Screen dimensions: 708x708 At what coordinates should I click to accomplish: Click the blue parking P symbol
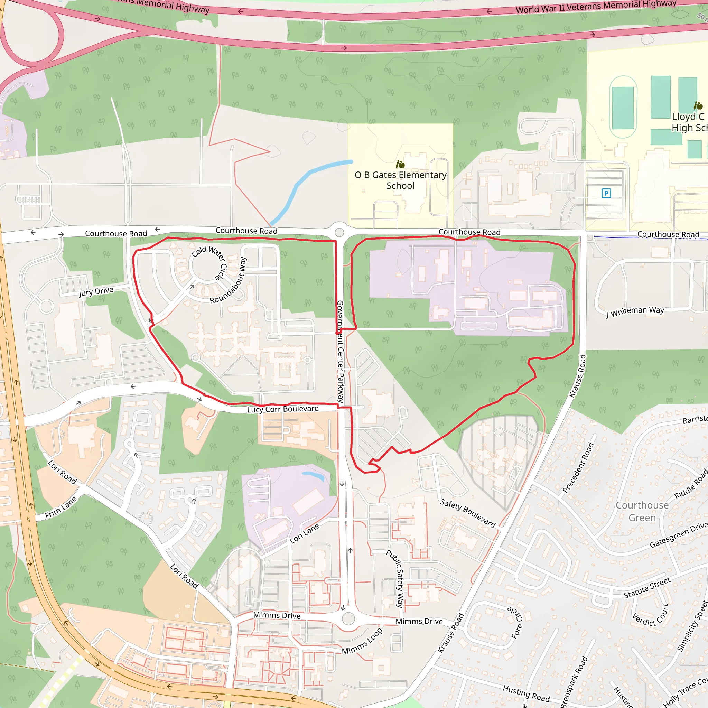click(x=606, y=193)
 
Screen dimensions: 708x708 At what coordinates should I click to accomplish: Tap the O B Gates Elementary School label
click(x=401, y=180)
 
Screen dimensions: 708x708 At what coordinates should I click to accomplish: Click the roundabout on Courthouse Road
click(x=339, y=232)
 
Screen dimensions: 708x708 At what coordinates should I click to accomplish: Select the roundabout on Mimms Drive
click(x=348, y=618)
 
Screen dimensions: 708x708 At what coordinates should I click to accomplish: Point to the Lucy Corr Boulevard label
click(x=282, y=409)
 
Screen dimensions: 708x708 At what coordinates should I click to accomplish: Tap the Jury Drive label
click(x=96, y=291)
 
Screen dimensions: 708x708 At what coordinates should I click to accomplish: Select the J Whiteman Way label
click(x=635, y=311)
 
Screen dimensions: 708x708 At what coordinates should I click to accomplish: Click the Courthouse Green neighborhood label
click(x=642, y=511)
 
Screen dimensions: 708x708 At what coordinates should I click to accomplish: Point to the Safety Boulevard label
click(x=468, y=513)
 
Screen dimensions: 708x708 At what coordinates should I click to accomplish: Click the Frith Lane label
click(x=61, y=507)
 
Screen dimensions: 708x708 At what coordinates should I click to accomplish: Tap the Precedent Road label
click(x=578, y=468)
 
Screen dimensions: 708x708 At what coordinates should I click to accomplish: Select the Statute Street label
click(x=647, y=587)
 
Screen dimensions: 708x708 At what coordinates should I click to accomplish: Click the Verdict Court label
click(x=651, y=617)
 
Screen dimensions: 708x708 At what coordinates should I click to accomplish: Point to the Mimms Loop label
click(x=362, y=641)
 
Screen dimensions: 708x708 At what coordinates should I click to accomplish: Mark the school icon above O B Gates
click(x=400, y=164)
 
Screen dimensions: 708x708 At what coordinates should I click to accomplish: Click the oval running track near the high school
click(x=623, y=107)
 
